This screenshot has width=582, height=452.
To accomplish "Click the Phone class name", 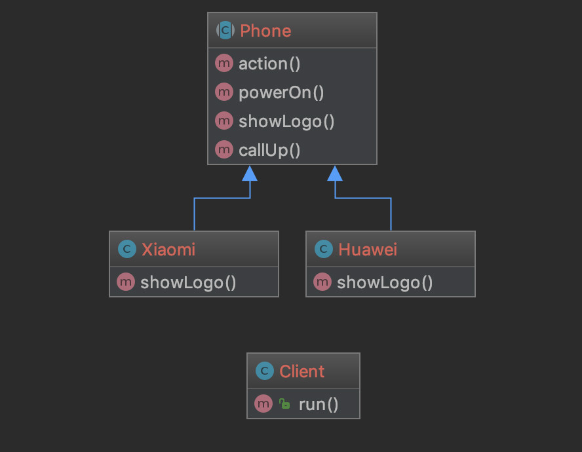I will [265, 31].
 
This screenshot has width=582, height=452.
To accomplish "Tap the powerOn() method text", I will [281, 92].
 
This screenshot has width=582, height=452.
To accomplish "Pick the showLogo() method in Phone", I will [286, 121].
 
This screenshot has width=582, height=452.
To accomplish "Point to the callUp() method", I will [269, 150].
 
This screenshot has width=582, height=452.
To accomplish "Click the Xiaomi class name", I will [168, 250].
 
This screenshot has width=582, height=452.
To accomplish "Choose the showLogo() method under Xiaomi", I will [188, 282].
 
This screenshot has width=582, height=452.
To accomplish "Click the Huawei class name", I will [368, 250].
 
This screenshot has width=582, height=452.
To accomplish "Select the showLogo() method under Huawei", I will [385, 282].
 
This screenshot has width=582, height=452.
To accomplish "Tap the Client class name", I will [301, 371].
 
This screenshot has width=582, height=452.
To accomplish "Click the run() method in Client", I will [319, 404].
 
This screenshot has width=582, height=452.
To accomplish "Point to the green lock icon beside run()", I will [284, 404].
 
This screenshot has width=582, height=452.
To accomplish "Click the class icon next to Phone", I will [225, 30].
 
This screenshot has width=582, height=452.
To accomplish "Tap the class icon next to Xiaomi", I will [126, 250].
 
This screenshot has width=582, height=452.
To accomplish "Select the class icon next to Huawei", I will [323, 250].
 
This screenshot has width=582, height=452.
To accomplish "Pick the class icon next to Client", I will [264, 371].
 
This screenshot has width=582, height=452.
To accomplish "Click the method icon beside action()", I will [224, 64].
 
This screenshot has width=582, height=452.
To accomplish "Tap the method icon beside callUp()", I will [224, 150].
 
